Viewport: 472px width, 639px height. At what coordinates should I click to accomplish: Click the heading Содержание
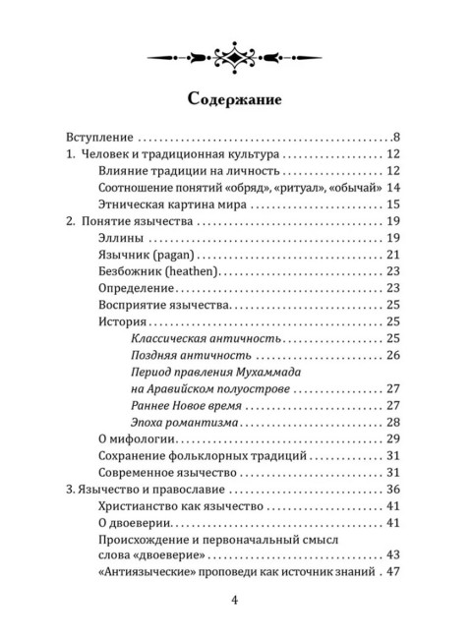pyautogui.click(x=235, y=98)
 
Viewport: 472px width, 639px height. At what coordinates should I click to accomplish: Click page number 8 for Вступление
pyautogui.click(x=395, y=137)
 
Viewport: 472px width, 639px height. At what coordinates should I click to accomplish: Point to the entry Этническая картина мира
pyautogui.click(x=175, y=204)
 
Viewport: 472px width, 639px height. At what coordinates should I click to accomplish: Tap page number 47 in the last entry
pyautogui.click(x=395, y=572)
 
